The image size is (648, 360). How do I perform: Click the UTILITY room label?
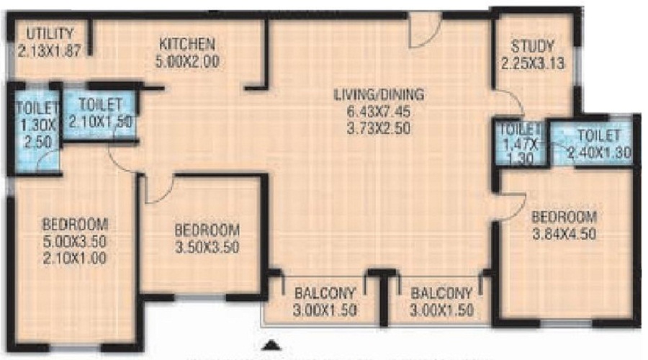coord(50,33)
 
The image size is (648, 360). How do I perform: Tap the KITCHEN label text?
coord(186,44)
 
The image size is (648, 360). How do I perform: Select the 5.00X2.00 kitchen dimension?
coord(186,61)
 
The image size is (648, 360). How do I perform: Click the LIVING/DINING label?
coord(379,94)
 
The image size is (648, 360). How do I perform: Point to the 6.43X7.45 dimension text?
coord(379,112)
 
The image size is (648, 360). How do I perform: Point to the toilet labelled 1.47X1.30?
coord(519,145)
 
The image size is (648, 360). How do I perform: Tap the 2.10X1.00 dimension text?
coord(74,256)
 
